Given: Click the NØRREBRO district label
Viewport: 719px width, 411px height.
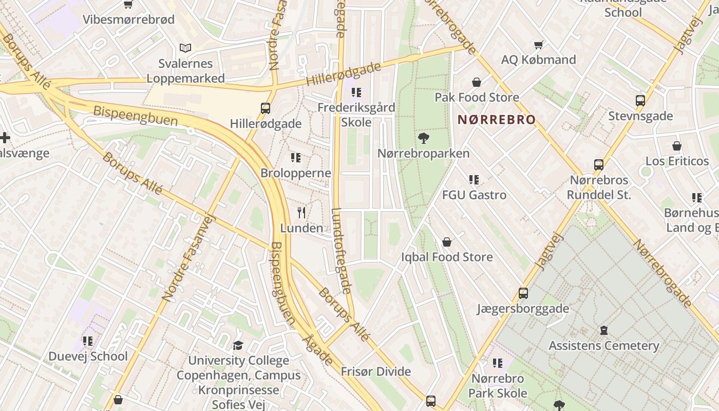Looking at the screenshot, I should (496, 120).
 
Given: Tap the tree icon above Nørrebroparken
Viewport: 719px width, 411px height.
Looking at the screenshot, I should (424, 138).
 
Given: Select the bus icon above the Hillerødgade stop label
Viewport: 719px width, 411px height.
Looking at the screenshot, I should (266, 108).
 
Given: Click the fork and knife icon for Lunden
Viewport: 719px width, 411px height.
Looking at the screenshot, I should (301, 213).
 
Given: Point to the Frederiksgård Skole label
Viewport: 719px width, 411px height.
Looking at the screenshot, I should (356, 115).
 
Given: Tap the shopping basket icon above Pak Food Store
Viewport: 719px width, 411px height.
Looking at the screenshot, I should (477, 82).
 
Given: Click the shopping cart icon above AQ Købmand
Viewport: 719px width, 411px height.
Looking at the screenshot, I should (538, 45).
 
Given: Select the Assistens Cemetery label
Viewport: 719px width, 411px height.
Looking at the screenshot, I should (603, 346).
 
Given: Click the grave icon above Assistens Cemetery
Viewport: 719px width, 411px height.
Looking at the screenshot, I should (604, 330).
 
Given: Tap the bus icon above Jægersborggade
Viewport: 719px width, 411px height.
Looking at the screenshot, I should (523, 293).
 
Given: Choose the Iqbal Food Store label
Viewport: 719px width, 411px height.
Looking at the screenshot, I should (447, 257).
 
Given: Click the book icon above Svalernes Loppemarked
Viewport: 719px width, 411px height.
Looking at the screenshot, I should (185, 48).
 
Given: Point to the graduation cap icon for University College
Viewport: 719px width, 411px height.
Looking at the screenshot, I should (238, 345).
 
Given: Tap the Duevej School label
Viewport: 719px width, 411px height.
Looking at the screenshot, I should (88, 356).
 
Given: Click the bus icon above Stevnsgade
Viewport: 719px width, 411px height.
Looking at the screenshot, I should (640, 101).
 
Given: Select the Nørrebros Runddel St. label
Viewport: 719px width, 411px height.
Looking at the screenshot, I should (599, 188).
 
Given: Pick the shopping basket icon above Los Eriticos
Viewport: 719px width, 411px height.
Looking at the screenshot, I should (677, 146).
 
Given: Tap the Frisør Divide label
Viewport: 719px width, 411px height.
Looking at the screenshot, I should (376, 371).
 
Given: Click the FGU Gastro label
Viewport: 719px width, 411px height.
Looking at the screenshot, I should (474, 195).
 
